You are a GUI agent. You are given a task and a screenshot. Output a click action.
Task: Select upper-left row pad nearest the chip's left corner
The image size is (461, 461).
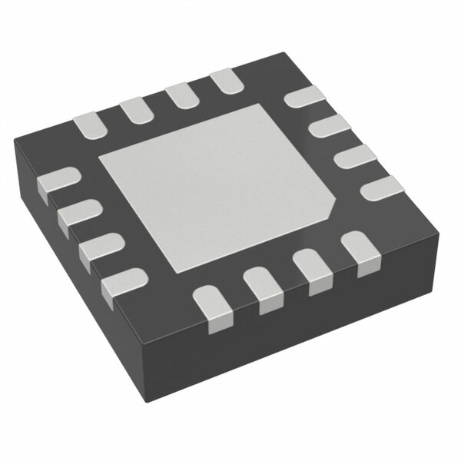pyautogui.click(x=88, y=122)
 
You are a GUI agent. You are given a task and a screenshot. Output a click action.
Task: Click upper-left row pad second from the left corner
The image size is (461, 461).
pyautogui.click(x=135, y=108)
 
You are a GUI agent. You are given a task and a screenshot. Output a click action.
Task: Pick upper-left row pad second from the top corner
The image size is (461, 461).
pyautogui.click(x=181, y=95)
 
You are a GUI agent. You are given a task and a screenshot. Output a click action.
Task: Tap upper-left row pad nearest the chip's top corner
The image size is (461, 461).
pyautogui.click(x=224, y=79)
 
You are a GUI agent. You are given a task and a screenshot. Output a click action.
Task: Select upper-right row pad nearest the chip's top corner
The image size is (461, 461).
pyautogui.click(x=303, y=98)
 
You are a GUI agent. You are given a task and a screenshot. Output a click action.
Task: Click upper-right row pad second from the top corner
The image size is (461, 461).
pyautogui.click(x=327, y=125)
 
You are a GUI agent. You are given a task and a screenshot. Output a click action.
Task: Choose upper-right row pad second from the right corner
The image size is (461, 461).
pyautogui.click(x=353, y=155)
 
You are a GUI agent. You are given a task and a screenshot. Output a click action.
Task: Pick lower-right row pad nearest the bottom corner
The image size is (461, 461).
pyautogui.click(x=212, y=303)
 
